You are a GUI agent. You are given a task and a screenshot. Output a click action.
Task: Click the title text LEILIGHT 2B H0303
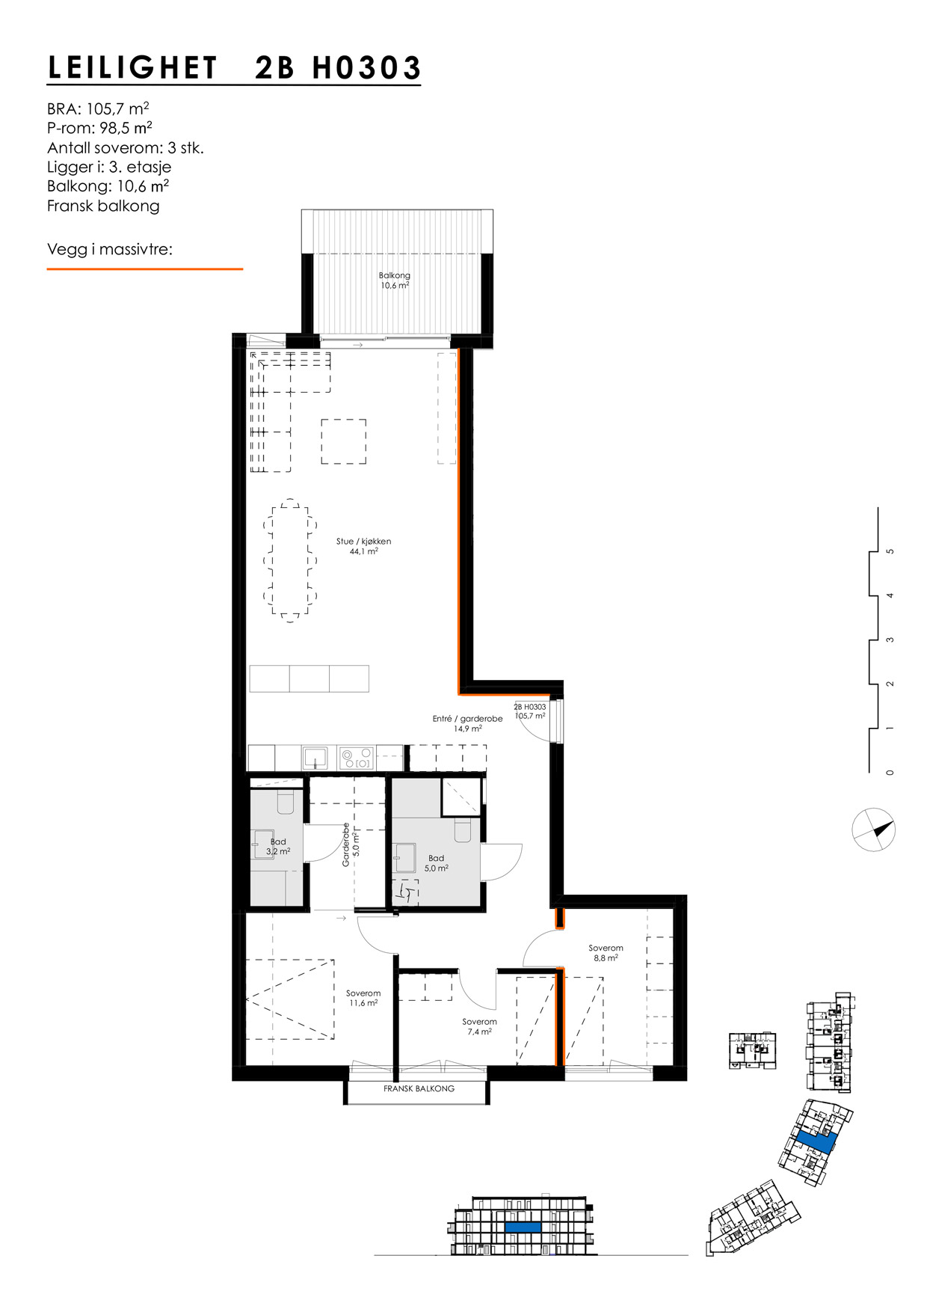[234, 68]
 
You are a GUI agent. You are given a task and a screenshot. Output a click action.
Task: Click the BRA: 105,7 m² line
[98, 109]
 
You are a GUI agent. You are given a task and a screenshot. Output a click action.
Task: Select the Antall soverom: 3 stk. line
[125, 148]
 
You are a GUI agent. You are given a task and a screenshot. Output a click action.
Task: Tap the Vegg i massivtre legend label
[109, 249]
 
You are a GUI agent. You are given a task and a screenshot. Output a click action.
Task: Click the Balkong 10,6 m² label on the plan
[395, 281]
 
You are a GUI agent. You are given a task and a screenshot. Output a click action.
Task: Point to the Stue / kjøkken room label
[363, 546]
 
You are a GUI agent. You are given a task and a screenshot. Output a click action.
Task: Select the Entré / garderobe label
[467, 723]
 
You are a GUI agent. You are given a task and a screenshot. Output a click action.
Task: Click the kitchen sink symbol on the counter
[315, 758]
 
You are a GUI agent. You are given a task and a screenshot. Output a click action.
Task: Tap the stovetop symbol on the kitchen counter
[356, 758]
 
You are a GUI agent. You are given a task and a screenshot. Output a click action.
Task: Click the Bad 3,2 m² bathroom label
[278, 847]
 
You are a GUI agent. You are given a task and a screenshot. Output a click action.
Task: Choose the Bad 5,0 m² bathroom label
[437, 863]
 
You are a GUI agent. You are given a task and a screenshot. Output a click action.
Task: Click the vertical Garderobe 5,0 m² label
[351, 844]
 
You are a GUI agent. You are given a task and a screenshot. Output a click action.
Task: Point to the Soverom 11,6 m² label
[363, 998]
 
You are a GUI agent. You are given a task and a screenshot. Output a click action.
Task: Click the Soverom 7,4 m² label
[479, 1026]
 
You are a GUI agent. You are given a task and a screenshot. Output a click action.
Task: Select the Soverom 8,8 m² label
[606, 952]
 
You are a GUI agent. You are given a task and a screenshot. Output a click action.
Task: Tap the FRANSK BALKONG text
[419, 1088]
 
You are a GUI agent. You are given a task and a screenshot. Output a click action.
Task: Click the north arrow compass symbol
[873, 830]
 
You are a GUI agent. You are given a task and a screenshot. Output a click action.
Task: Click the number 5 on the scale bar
[890, 551]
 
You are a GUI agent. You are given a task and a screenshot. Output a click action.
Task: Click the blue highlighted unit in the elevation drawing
[523, 1227]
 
